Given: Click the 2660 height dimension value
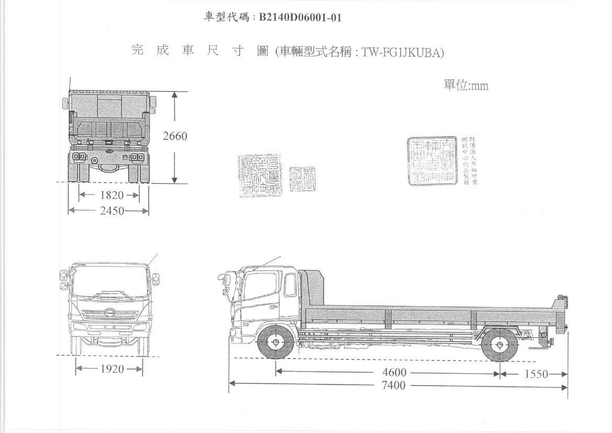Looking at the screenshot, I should pos(175,136).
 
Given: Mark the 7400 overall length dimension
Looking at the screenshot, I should pos(393,386).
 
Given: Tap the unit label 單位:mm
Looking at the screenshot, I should pos(466,85).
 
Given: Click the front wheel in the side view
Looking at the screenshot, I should pos(275,343).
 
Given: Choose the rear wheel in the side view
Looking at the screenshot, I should pos(500,346).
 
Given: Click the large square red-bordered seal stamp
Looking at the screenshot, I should pos(432,161).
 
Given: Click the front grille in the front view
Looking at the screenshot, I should pos(110,315).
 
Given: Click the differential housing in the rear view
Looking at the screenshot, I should pos(109,167).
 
